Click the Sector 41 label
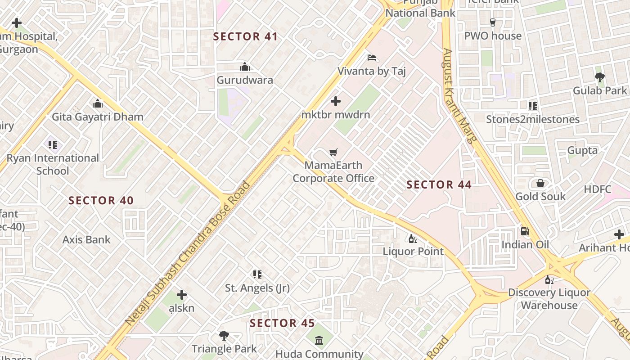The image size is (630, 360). pos(245,36)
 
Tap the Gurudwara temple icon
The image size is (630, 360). pos(245,67)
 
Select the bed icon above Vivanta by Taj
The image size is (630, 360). pos(372,58)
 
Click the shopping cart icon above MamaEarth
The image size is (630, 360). pos(333,152)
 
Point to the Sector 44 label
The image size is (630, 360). pos(439,184)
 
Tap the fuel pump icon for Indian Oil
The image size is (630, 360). pos(525,231)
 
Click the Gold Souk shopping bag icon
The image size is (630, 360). pos(540,183)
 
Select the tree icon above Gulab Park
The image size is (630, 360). pos(599,77)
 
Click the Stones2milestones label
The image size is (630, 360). pos(533,119)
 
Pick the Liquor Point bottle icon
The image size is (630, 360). pos(413,238)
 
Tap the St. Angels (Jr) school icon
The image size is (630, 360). pos(257,274)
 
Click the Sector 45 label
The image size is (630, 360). pos(282,323)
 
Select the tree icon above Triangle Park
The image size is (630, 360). pos(224,335)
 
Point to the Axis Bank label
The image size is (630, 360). pos(86,239)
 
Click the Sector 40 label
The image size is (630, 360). pos(101,201)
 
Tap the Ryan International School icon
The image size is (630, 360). pos(53,145)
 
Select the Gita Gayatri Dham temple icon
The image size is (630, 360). pos(98,104)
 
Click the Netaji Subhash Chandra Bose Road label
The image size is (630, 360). pos(188,253)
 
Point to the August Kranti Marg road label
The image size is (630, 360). pos(459,95)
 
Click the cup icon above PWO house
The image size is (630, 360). pos(492,22)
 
